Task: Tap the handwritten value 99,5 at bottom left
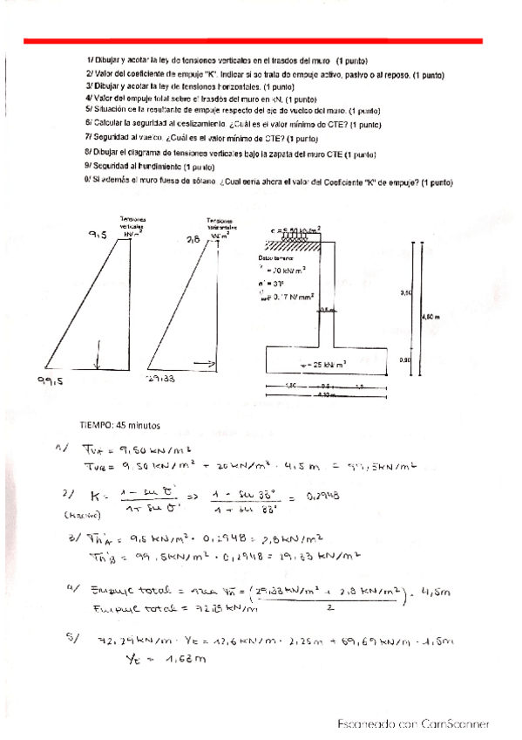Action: pos(51,380)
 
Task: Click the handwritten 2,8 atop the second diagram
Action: pos(193,238)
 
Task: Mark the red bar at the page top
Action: pos(253,40)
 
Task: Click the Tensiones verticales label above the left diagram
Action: pos(133,225)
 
